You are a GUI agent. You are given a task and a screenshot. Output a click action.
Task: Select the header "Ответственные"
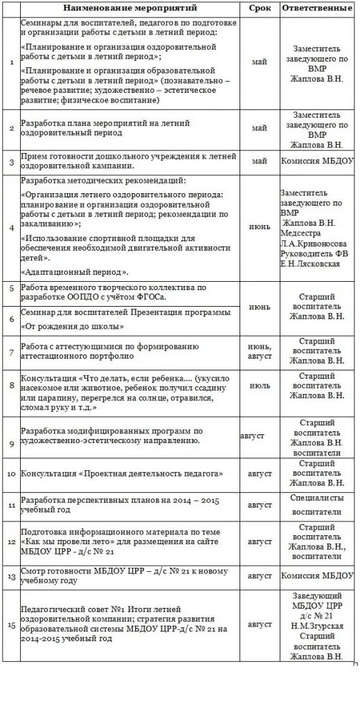tap(318, 8)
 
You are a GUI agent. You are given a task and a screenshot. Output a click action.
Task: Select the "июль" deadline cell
tap(260, 384)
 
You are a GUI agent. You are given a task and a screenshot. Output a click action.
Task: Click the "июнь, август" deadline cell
tap(260, 351)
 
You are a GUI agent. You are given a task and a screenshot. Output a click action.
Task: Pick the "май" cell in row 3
tap(260, 162)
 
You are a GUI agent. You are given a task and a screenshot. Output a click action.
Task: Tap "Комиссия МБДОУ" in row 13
tap(318, 575)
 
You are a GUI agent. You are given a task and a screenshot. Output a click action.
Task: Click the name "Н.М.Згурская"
tap(318, 625)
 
